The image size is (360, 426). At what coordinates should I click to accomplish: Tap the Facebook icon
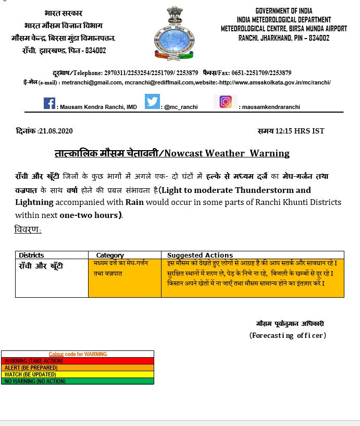coord(49,103)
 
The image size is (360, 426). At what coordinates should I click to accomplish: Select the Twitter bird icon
coord(152,102)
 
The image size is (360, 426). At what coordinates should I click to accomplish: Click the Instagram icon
coord(225,102)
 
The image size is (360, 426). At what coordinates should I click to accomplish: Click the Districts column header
coord(31,255)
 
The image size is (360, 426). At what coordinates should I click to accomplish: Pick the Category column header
coord(110,255)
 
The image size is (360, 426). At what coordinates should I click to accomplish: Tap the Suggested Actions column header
coord(200,255)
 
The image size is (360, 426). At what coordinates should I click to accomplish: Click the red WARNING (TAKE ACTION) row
coord(78,361)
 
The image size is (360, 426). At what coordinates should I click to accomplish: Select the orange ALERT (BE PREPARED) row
coord(78,368)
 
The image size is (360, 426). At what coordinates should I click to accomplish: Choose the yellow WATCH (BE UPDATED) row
coord(78,374)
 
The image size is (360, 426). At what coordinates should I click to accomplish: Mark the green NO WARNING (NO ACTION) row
coord(78,381)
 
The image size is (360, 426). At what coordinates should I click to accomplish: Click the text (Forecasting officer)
coord(288,335)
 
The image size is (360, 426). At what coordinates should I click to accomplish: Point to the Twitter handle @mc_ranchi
coord(181,107)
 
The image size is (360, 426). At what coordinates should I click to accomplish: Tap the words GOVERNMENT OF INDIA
coord(284,11)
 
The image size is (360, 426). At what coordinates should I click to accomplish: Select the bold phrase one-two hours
coord(89,215)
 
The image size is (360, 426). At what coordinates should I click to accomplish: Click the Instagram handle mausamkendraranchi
coord(269,107)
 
